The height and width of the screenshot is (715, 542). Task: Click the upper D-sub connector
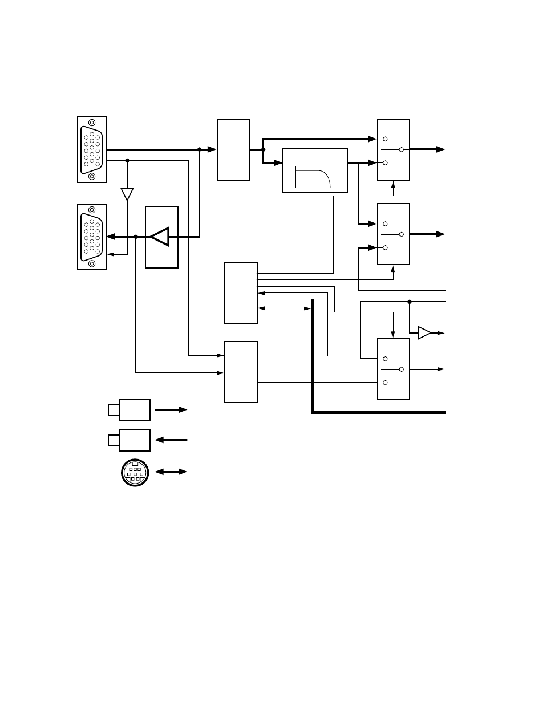pyautogui.click(x=92, y=149)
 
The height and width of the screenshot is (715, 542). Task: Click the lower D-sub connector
pyautogui.click(x=92, y=237)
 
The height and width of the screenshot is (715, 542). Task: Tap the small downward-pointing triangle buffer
pyautogui.click(x=127, y=194)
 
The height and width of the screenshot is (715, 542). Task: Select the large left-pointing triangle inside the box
pyautogui.click(x=160, y=237)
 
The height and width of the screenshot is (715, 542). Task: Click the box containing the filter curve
pyautogui.click(x=315, y=170)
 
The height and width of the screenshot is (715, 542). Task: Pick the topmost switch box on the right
pyautogui.click(x=393, y=149)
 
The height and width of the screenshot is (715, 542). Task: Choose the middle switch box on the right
pyautogui.click(x=393, y=234)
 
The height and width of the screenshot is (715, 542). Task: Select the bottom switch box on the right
pyautogui.click(x=393, y=369)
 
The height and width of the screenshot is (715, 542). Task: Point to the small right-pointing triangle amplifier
pyautogui.click(x=424, y=332)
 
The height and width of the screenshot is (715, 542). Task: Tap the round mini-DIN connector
pyautogui.click(x=135, y=473)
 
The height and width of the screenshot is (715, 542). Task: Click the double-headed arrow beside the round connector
pyautogui.click(x=171, y=472)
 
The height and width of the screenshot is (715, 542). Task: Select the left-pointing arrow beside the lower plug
pyautogui.click(x=171, y=440)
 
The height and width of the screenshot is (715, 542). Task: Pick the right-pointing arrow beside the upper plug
pyautogui.click(x=171, y=409)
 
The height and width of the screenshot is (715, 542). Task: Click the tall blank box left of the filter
pyautogui.click(x=233, y=149)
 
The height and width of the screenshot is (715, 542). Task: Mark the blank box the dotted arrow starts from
pyautogui.click(x=241, y=293)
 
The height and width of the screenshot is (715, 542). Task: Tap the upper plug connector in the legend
pyautogui.click(x=130, y=409)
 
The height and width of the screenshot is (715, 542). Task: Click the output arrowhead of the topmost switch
pyautogui.click(x=440, y=149)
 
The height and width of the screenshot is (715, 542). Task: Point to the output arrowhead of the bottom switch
pyautogui.click(x=441, y=369)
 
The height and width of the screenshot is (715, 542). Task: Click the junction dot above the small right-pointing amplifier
pyautogui.click(x=410, y=302)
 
